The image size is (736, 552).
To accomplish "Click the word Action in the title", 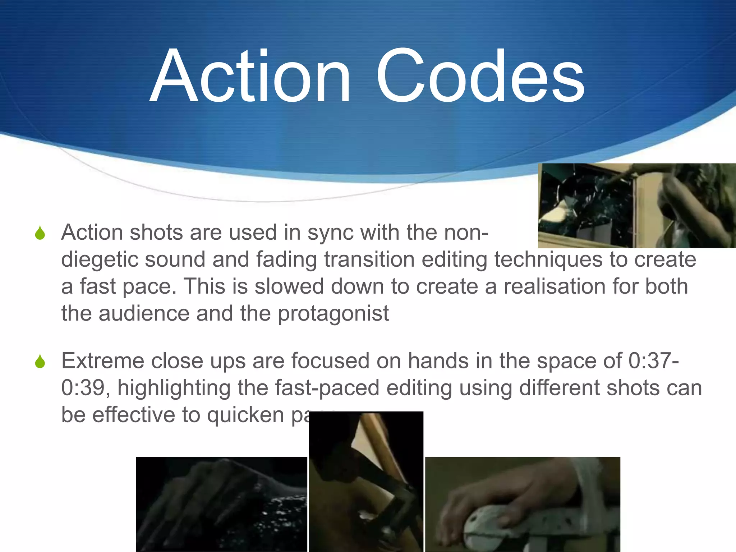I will click(250, 76).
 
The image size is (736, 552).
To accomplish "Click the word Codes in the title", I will click(480, 76).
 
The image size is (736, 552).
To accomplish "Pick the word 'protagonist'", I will click(333, 314).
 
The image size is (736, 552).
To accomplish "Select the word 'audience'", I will click(144, 313).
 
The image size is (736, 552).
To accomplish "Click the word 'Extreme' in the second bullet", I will click(103, 361).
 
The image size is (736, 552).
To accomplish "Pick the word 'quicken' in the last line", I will click(245, 415).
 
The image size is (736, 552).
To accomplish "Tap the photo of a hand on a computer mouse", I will click(523, 504).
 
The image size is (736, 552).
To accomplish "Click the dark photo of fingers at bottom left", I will click(221, 504).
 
